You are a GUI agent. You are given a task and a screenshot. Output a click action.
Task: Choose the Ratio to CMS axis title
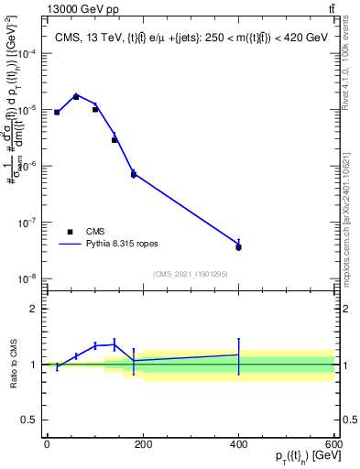[x=11, y=364]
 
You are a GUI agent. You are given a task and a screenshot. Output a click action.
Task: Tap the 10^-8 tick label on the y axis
[x=27, y=278]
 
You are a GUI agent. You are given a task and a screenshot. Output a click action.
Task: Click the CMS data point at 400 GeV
[x=238, y=247]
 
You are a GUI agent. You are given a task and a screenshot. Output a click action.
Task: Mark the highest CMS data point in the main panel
[x=76, y=96]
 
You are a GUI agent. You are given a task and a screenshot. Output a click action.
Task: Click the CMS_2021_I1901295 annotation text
[x=190, y=274]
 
